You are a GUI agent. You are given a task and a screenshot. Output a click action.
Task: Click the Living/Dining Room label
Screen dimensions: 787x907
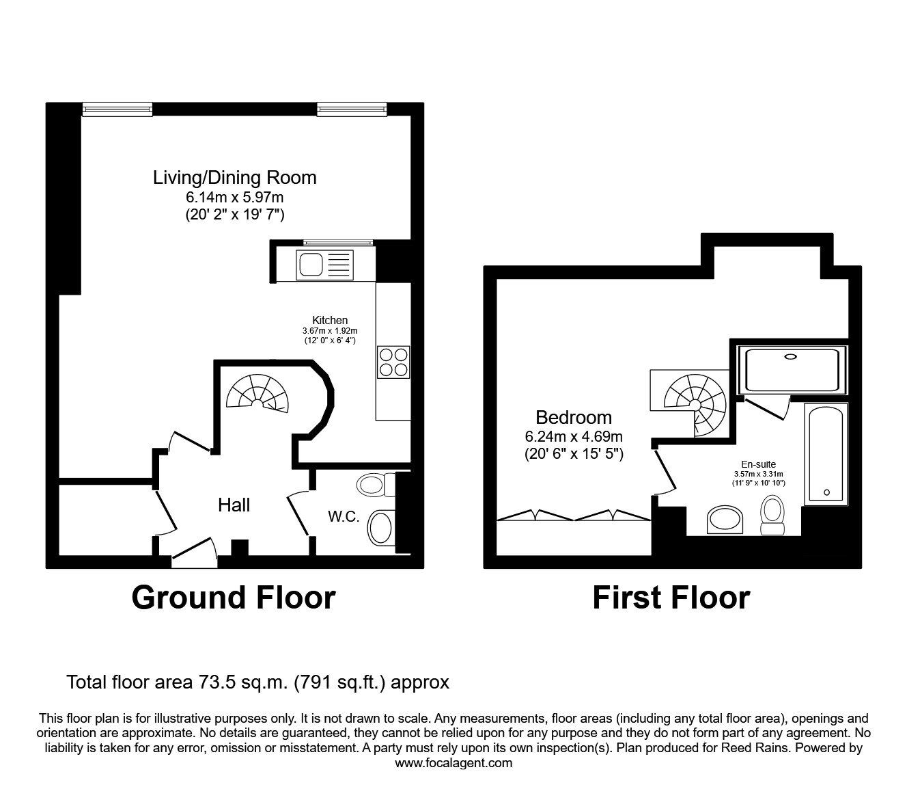[x=234, y=178]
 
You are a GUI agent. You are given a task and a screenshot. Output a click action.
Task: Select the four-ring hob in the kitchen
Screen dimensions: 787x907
[x=393, y=362]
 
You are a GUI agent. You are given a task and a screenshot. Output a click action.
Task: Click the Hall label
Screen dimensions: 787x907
[x=234, y=505]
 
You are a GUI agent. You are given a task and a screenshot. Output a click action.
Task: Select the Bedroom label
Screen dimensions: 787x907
[x=573, y=417]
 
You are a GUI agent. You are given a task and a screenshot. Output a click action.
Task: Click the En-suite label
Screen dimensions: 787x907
[x=759, y=464]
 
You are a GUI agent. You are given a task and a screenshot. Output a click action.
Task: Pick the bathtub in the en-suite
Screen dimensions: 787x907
[x=826, y=454]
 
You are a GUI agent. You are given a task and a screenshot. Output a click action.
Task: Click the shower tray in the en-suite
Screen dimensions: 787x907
[x=792, y=370]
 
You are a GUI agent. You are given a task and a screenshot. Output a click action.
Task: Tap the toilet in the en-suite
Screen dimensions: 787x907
[x=772, y=515]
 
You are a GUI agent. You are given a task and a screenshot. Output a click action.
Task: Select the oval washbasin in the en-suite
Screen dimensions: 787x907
[x=724, y=520]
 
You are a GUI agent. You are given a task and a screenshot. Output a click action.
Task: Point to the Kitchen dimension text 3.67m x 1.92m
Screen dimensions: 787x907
[x=330, y=330]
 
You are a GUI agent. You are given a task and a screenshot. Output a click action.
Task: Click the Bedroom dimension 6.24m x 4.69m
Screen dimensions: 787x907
[x=573, y=436]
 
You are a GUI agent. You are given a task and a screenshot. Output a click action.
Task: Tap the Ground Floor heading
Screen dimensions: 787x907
[x=233, y=597]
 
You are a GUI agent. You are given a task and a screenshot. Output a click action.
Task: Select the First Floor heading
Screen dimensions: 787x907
[x=671, y=597]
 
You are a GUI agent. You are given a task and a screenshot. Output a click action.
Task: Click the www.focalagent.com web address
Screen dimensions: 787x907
[x=454, y=762]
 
